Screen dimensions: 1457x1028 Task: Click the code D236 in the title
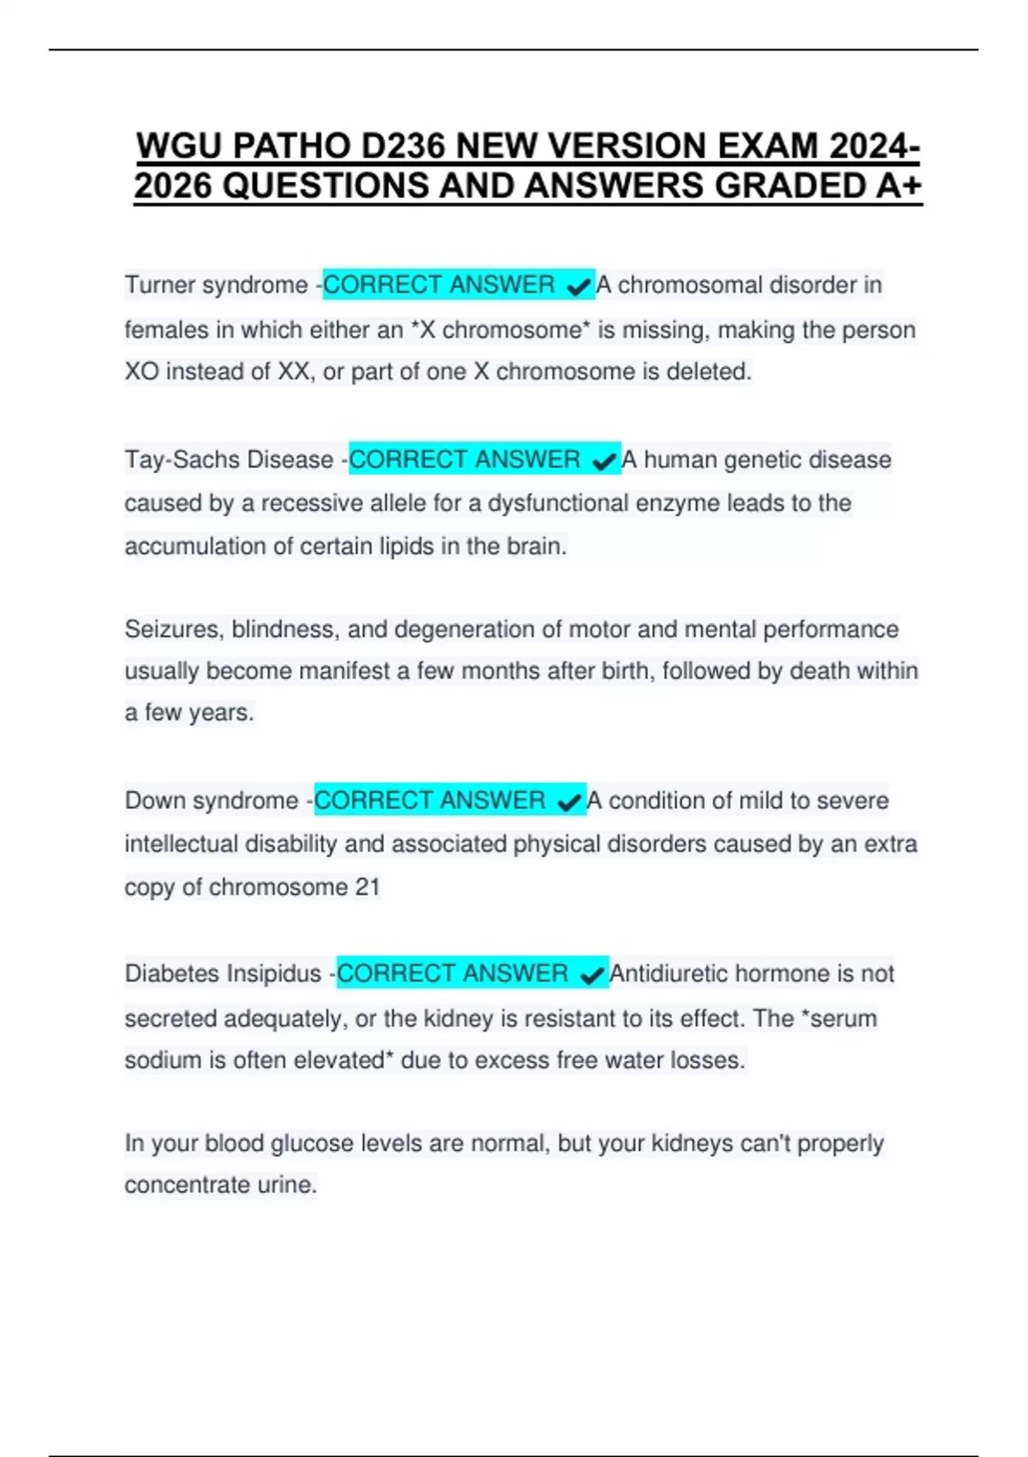[x=403, y=147]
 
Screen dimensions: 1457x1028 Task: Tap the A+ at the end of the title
[x=898, y=186]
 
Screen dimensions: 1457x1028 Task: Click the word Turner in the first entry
[x=160, y=285]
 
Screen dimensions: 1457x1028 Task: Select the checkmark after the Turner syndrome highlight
[x=580, y=286]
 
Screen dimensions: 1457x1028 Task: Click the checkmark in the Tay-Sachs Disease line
[x=605, y=461]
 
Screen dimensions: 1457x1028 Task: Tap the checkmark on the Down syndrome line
[x=569, y=802]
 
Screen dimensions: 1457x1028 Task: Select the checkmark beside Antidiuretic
[x=592, y=975]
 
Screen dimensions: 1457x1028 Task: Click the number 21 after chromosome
[x=367, y=887]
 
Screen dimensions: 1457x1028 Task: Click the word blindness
[x=285, y=630]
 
